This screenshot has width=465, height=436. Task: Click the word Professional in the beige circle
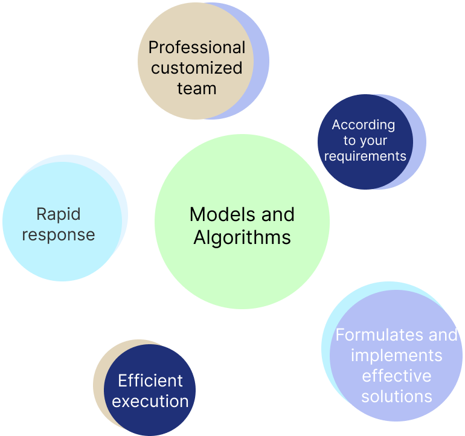tap(197, 48)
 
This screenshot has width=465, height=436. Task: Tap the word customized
tap(197, 68)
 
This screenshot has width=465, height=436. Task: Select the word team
tap(197, 88)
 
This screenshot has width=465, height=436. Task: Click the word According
tap(364, 125)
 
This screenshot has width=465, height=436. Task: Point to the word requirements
tap(365, 156)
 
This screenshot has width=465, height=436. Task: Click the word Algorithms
tap(242, 238)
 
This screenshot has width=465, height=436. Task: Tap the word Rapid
tap(59, 214)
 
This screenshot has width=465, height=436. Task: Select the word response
tap(59, 235)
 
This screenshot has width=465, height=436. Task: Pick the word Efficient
tap(150, 380)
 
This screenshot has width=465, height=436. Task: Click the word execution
tap(150, 402)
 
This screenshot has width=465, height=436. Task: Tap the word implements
tap(397, 356)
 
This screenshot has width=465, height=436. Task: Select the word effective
tap(397, 376)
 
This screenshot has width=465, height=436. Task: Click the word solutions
tap(397, 396)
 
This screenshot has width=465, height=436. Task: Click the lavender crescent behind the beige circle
tap(260, 61)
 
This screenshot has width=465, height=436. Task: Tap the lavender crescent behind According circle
tap(419, 142)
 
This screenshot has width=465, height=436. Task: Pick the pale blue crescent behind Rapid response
tap(124, 208)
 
